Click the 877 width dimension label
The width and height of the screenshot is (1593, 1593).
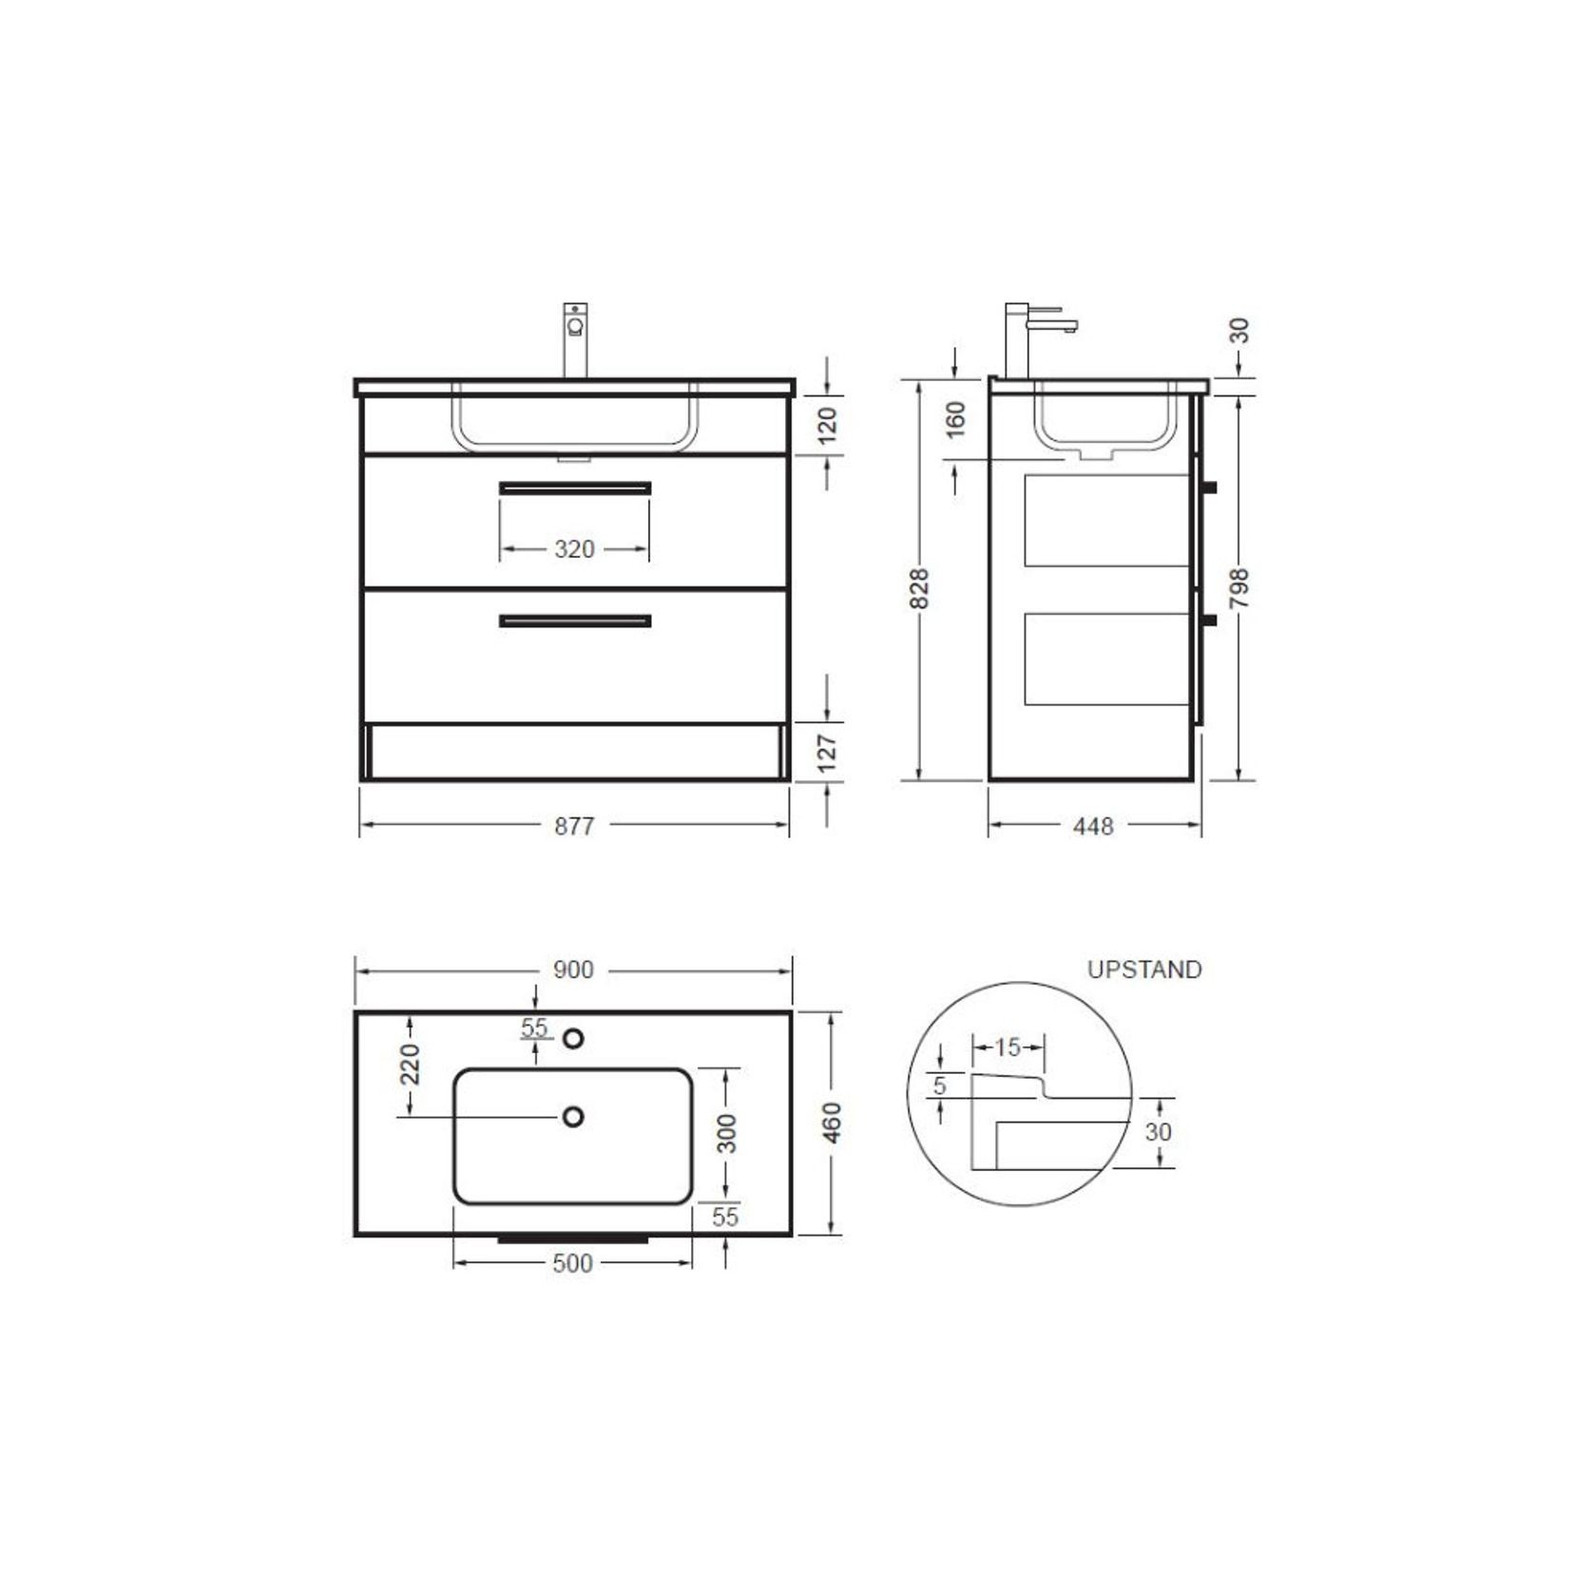(x=574, y=826)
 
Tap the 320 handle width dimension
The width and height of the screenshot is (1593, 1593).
(x=574, y=549)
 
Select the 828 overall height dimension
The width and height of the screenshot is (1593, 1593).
(x=919, y=589)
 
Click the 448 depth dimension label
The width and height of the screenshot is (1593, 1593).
(x=1093, y=827)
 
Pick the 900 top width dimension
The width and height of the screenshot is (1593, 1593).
(x=573, y=970)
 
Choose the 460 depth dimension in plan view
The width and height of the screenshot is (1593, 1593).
(x=832, y=1123)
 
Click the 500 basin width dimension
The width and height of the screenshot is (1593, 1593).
(x=572, y=1263)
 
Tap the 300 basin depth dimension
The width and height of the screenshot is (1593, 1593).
(x=727, y=1134)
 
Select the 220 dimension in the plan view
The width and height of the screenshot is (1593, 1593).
(x=410, y=1065)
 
